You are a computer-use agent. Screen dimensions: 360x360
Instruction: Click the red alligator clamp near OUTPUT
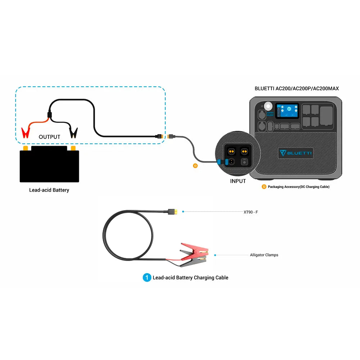(26, 132)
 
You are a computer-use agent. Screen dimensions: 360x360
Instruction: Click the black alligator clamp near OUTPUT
(73, 132)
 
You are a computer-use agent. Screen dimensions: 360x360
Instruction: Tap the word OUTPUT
(49, 137)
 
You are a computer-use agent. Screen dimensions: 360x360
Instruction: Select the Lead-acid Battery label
(49, 190)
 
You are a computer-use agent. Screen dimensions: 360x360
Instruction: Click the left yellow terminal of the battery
(25, 148)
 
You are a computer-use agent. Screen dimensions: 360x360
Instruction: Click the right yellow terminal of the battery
(73, 148)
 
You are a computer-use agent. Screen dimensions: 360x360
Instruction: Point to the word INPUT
(238, 181)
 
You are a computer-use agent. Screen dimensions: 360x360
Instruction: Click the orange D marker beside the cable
(195, 166)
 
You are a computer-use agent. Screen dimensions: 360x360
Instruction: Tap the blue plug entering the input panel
(219, 162)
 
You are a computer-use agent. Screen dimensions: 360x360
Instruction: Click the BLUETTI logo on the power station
(296, 153)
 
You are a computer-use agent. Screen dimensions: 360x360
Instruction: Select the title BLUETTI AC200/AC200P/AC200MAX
(297, 88)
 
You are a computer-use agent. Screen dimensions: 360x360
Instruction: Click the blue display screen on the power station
(287, 111)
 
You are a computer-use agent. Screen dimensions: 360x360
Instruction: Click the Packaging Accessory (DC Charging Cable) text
(298, 187)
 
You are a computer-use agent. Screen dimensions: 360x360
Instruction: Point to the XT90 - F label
(251, 212)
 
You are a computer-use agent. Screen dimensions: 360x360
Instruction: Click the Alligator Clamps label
(264, 255)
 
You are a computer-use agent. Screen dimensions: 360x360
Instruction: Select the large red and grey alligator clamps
(193, 255)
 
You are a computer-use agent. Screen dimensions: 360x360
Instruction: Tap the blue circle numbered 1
(147, 278)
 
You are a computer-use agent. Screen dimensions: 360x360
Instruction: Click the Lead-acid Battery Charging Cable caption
(190, 278)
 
